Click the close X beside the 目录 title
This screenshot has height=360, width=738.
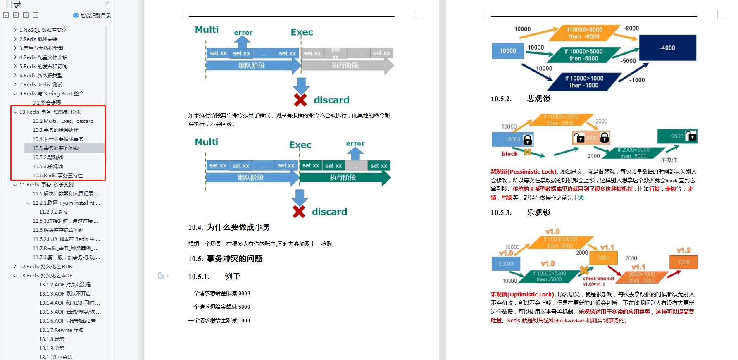106,4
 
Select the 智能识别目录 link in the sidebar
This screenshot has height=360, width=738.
92,15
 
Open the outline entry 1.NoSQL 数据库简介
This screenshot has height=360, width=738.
43,30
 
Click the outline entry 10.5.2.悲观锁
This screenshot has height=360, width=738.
48,157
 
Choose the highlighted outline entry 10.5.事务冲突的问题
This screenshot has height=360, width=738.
55,148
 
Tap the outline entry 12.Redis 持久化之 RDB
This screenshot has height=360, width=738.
45,266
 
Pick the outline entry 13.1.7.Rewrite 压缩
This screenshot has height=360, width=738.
61,330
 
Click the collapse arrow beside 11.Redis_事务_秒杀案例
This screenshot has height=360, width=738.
15,184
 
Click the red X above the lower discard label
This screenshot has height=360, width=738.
299,212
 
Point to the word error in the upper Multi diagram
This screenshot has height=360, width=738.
243,33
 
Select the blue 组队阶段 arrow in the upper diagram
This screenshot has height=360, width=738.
252,65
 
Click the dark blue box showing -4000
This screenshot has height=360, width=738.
667,48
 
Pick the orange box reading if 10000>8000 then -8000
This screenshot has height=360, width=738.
584,33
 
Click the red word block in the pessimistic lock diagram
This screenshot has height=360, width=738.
509,154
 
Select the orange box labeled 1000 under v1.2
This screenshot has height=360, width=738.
683,262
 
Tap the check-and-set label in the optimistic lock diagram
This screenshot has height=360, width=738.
598,279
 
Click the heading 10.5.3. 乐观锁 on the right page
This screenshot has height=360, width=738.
521,212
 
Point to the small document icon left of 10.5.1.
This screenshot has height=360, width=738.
161,276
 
